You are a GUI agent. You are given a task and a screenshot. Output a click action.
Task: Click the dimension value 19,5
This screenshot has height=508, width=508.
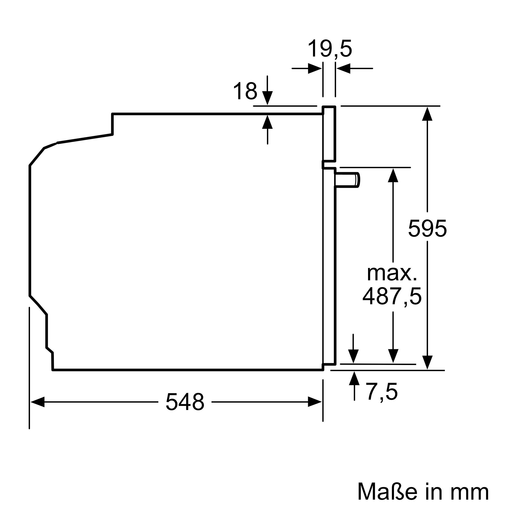[x=329, y=49]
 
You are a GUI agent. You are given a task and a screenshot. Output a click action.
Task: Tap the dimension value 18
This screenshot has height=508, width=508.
[x=245, y=91]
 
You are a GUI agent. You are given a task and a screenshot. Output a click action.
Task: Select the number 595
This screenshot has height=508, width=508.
[x=427, y=229]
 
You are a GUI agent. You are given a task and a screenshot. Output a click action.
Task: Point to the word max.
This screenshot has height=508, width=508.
[x=392, y=274]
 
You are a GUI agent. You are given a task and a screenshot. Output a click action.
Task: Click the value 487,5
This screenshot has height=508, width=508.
[x=392, y=296]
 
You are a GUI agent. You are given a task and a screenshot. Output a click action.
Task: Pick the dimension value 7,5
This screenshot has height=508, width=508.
[x=382, y=392]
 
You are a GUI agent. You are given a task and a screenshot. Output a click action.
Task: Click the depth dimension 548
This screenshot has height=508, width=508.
[x=185, y=402]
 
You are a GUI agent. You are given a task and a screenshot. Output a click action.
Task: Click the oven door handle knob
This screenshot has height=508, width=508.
[x=347, y=180]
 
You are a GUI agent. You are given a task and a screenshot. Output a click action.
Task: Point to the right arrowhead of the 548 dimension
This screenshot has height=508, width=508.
[x=315, y=402]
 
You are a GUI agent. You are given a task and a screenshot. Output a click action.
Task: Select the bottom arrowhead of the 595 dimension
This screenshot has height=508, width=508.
[x=427, y=363]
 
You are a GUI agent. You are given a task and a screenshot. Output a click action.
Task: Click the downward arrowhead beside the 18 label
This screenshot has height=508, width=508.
[x=267, y=98]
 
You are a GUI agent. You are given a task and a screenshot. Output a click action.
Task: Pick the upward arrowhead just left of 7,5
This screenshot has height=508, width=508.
[x=354, y=378]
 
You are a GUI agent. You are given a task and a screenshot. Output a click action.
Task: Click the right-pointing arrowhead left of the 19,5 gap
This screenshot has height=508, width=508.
[x=315, y=69]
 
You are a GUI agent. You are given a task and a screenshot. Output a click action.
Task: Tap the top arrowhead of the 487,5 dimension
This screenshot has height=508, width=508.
[x=393, y=175]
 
